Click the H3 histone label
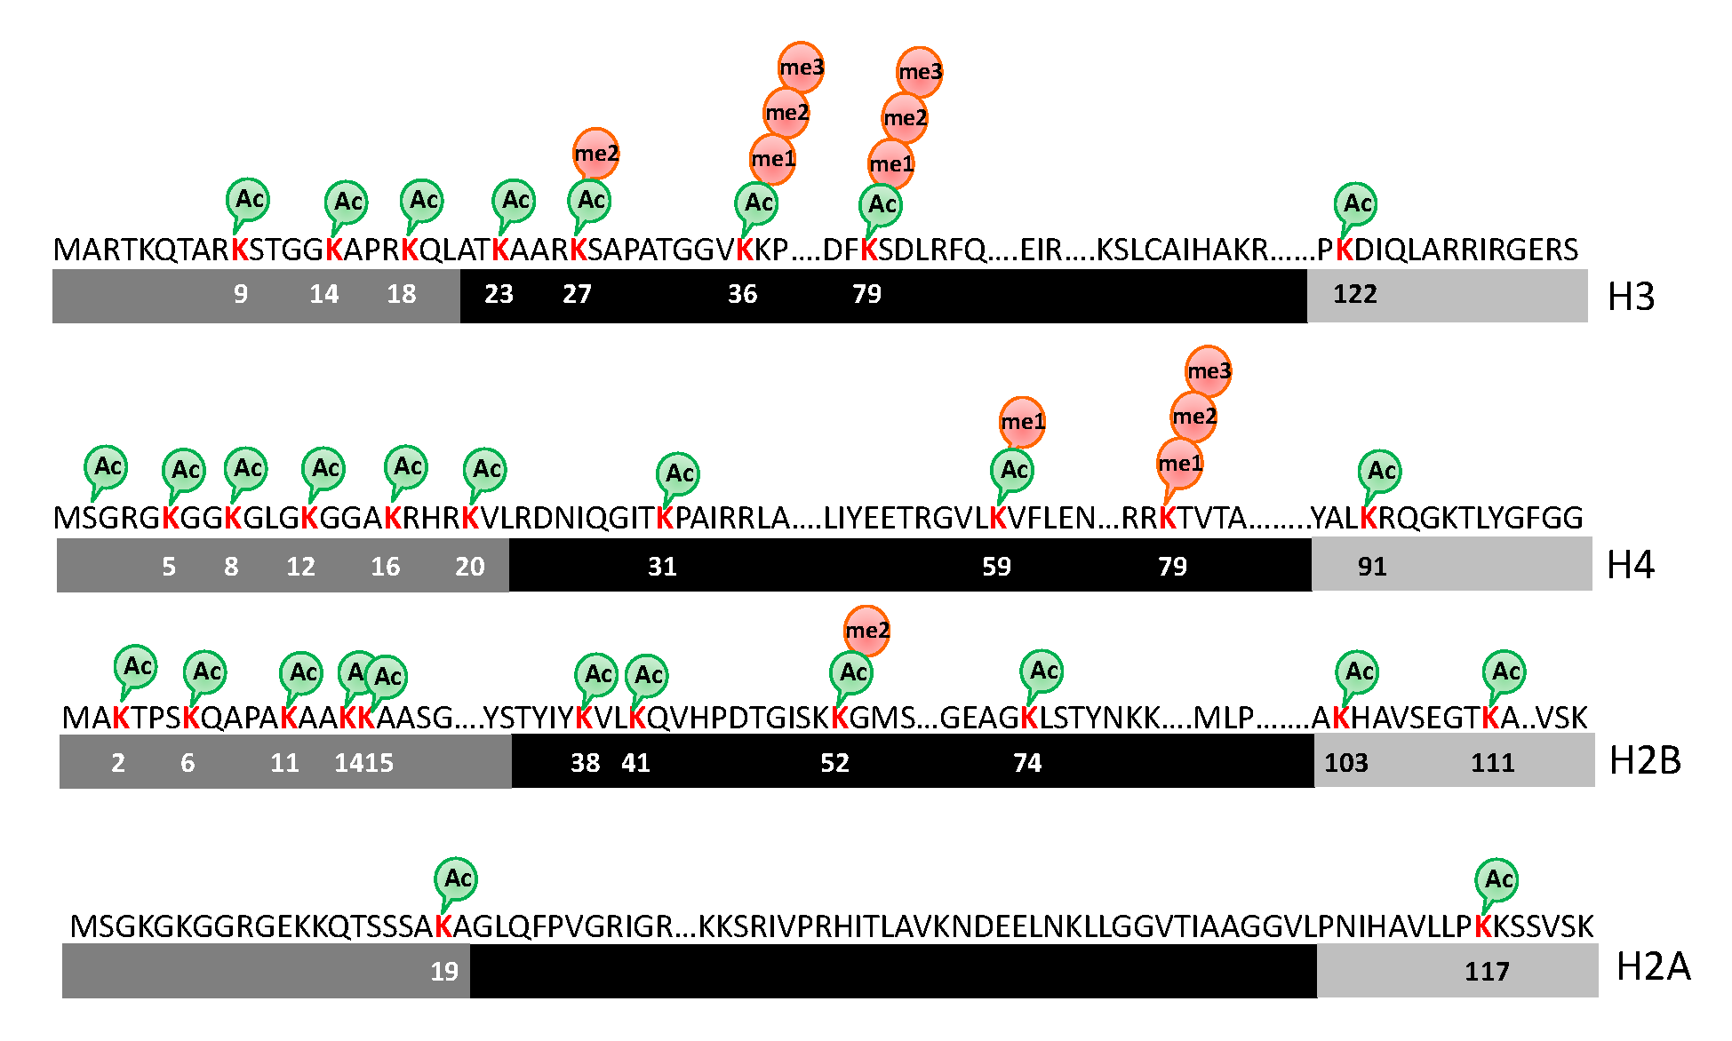point(1631,297)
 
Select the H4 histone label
point(1631,565)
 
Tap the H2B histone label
point(1645,761)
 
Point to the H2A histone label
point(1652,966)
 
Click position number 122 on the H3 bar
point(1354,294)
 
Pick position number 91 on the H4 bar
point(1371,567)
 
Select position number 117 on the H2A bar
point(1487,972)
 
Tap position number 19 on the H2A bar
point(444,972)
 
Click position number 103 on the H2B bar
point(1346,763)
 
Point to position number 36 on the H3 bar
point(742,294)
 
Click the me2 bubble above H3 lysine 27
point(595,154)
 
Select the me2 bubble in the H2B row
point(866,631)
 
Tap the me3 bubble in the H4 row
point(1209,371)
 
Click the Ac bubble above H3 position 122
point(1356,204)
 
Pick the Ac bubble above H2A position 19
point(457,879)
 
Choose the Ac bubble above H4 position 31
point(679,473)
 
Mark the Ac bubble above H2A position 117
point(1497,880)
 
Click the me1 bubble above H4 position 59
point(1022,422)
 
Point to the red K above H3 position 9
point(239,250)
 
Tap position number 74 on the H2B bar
point(1027,763)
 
